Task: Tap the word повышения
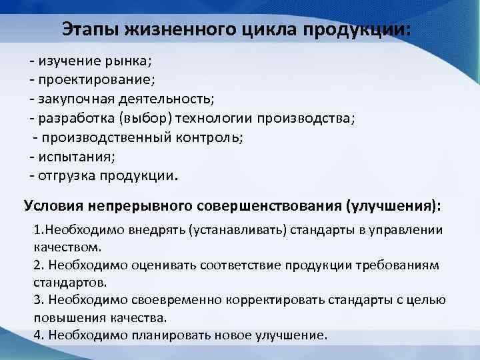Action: pyautogui.click(x=64, y=318)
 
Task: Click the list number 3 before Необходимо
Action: pyautogui.click(x=37, y=301)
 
